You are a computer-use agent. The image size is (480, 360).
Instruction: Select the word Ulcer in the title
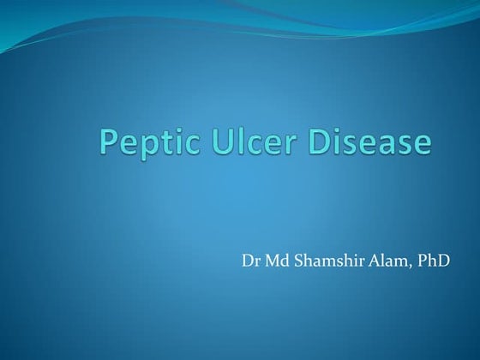coord(245,142)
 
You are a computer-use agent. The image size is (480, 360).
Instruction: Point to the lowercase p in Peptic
coord(147,147)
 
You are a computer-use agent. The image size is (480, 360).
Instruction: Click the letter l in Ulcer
coord(233,141)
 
